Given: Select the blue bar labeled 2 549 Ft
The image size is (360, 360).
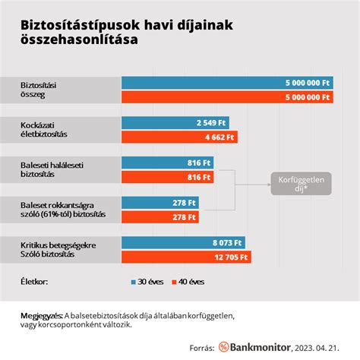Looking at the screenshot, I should (x=175, y=123).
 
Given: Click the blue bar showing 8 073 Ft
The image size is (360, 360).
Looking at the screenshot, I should (x=182, y=244).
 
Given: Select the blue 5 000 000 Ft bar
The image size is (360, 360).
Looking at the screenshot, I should (x=226, y=83).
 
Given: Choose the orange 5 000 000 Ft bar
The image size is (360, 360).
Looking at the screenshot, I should (x=226, y=96).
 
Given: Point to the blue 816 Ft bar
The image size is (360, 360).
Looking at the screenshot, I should (x=167, y=163).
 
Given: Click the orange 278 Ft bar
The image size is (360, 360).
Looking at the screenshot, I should (x=159, y=217).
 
